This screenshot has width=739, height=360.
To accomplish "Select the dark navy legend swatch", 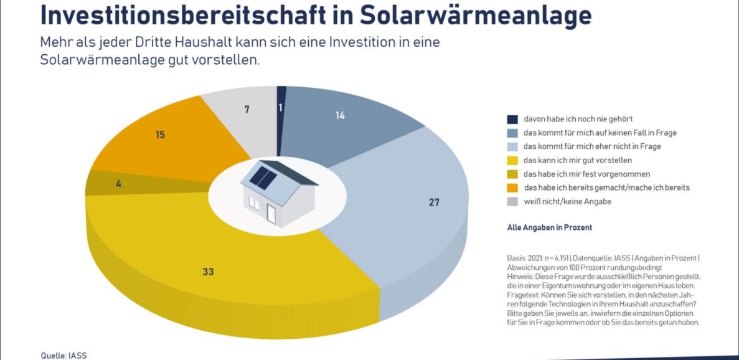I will point(512,119).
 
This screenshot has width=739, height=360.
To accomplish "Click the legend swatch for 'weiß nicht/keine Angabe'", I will point(512,201).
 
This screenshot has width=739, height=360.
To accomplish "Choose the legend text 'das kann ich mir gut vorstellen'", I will point(578,160).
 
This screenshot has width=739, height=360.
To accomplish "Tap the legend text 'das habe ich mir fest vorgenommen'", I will point(586,174).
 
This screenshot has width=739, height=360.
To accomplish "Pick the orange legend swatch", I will point(512,187).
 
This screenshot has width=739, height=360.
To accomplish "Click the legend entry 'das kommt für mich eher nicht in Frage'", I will point(592,146).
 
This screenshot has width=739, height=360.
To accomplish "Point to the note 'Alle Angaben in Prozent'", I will point(549,228).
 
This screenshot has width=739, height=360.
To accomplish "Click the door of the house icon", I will point(271,212).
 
